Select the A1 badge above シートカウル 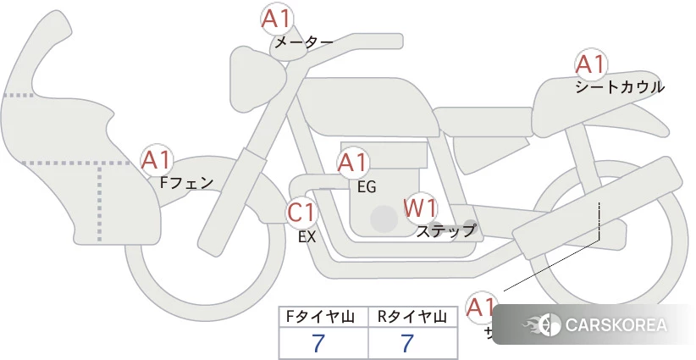(591, 64)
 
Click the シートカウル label (620, 86)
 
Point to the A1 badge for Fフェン (157, 159)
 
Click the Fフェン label (186, 181)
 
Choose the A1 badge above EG (354, 163)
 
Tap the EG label (366, 186)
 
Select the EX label (307, 237)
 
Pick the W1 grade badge (421, 207)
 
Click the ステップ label (446, 230)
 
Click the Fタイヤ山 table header (321, 318)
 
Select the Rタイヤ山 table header (411, 318)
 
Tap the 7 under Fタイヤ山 (318, 343)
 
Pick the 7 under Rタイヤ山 (407, 343)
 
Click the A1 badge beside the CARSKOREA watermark (482, 307)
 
